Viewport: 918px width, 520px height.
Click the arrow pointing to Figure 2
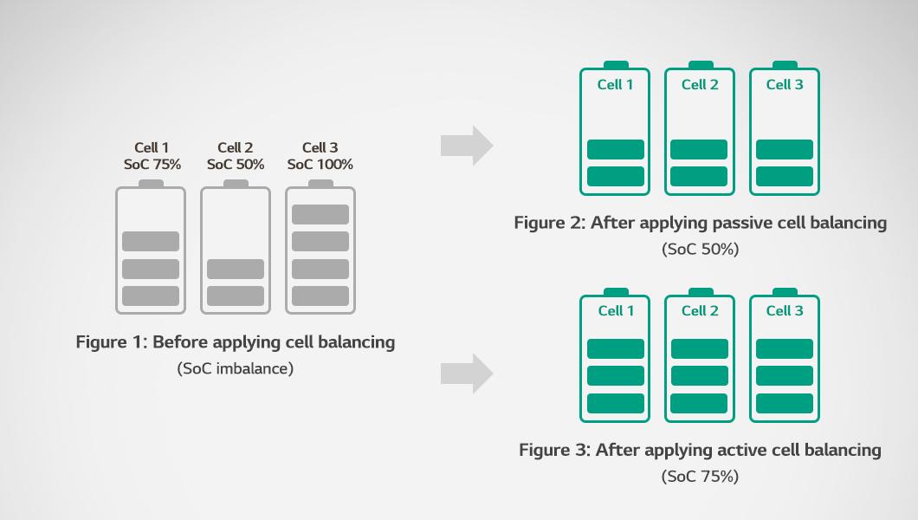coord(467,146)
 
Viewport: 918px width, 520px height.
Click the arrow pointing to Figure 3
coord(467,373)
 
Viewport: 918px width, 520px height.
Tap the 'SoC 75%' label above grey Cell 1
coord(152,165)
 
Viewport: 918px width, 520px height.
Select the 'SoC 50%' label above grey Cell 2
coord(236,165)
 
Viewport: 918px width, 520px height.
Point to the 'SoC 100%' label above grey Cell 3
coord(320,165)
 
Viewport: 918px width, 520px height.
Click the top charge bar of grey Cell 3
coord(320,214)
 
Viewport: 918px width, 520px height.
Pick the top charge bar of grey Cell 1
coord(151,241)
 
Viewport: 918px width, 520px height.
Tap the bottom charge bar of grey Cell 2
coord(236,296)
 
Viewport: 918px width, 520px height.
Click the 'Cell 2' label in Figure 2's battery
coord(700,85)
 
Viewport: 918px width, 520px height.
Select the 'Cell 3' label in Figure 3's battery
coord(785,311)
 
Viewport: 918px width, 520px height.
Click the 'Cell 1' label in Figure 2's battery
coord(615,85)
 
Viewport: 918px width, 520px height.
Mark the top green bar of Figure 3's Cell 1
coord(615,348)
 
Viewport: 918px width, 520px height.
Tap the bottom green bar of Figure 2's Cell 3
coord(785,176)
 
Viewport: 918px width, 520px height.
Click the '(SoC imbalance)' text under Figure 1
coord(236,369)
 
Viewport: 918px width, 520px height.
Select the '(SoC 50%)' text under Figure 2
coord(701,250)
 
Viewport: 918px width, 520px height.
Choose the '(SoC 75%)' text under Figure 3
coord(701,477)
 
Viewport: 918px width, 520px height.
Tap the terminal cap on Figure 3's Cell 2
coord(701,291)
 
